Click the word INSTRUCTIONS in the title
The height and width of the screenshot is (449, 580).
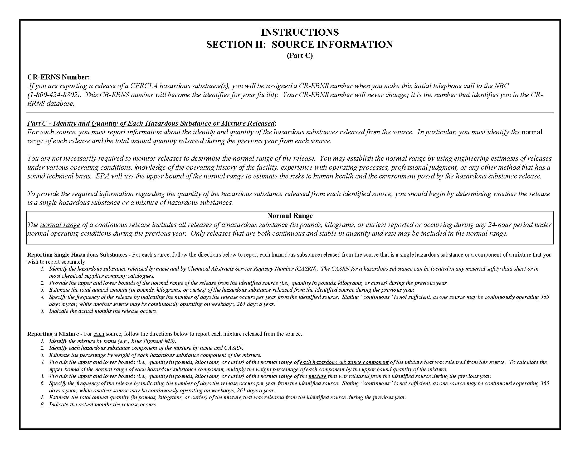point(300,32)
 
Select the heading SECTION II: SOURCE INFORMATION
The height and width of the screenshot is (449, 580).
point(300,44)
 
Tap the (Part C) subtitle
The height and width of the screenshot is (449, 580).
point(300,55)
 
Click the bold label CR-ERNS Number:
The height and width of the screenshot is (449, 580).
point(59,77)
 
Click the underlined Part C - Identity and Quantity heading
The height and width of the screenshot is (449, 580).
point(151,123)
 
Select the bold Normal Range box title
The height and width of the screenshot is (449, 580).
point(290,215)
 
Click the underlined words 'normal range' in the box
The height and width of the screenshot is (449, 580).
point(60,225)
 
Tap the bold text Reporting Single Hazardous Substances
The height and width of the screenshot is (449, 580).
point(77,254)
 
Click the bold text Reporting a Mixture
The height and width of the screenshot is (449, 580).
point(53,334)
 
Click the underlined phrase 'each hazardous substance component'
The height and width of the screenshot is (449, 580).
point(344,362)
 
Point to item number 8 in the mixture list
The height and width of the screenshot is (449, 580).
point(42,405)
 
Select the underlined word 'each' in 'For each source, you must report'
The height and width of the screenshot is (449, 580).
point(47,132)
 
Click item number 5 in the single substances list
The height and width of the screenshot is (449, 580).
point(42,311)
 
